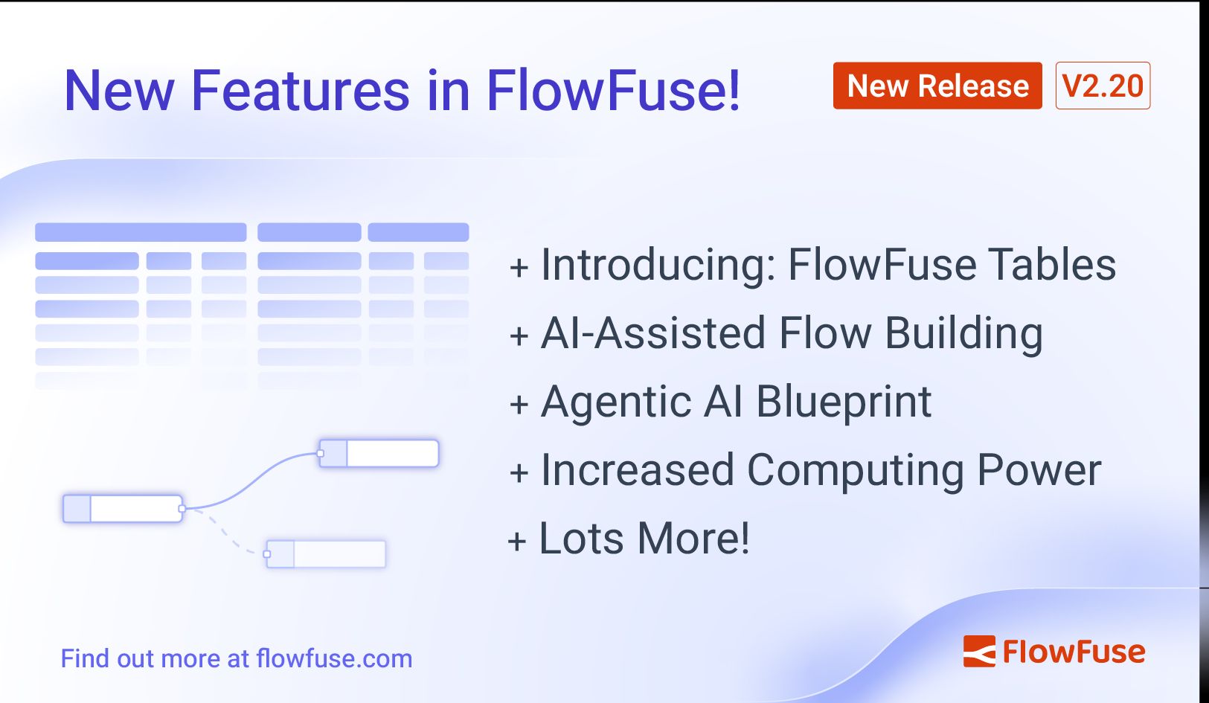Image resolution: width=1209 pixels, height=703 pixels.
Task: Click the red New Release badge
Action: tap(937, 86)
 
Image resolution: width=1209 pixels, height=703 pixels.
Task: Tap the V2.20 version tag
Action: tap(1103, 86)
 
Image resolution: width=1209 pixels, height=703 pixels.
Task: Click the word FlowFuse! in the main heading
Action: tap(613, 91)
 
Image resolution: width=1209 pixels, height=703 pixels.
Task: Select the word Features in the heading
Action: tap(300, 91)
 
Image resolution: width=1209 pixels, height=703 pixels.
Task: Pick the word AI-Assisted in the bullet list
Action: tap(652, 333)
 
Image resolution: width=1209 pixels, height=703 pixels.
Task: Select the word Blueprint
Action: tap(843, 402)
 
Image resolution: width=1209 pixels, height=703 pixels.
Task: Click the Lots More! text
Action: tap(644, 539)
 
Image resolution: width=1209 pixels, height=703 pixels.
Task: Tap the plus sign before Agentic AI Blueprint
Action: tap(519, 404)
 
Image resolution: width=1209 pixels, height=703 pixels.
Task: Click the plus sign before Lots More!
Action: tap(517, 541)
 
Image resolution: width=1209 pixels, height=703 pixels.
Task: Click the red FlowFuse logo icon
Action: tap(979, 652)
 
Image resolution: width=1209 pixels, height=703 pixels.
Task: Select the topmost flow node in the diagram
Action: tap(379, 453)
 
